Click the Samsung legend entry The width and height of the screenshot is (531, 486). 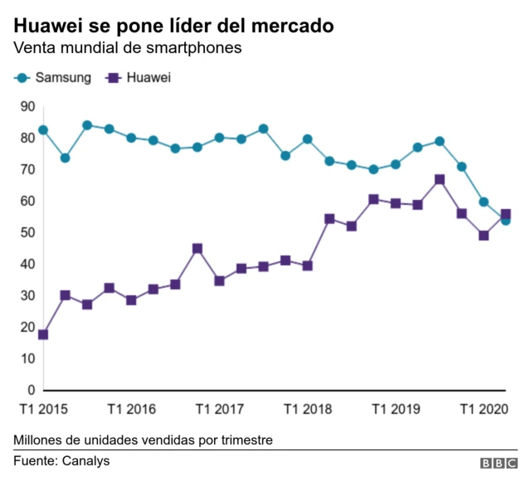point(52,78)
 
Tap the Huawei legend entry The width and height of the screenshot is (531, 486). point(139,78)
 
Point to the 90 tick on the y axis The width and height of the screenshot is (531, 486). point(27,106)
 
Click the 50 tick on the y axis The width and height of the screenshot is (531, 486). point(27,232)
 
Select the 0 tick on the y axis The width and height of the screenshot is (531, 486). point(31,390)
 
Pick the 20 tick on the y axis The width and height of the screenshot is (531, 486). point(27,327)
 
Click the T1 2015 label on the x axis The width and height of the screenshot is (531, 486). point(43,409)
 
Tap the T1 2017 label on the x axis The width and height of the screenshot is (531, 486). point(220,409)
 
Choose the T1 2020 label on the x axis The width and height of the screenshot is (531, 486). point(485,409)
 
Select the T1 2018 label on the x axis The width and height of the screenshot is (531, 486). point(308,409)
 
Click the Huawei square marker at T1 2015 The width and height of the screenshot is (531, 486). point(43,334)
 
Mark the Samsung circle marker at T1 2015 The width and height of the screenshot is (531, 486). point(43,130)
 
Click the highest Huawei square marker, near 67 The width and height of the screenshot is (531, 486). point(440,179)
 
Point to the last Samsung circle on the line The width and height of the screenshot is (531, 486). point(505,221)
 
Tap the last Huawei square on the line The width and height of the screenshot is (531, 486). point(506,213)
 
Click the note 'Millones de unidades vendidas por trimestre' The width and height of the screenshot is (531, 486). point(143,439)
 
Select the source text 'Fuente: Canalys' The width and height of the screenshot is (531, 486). point(61,460)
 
